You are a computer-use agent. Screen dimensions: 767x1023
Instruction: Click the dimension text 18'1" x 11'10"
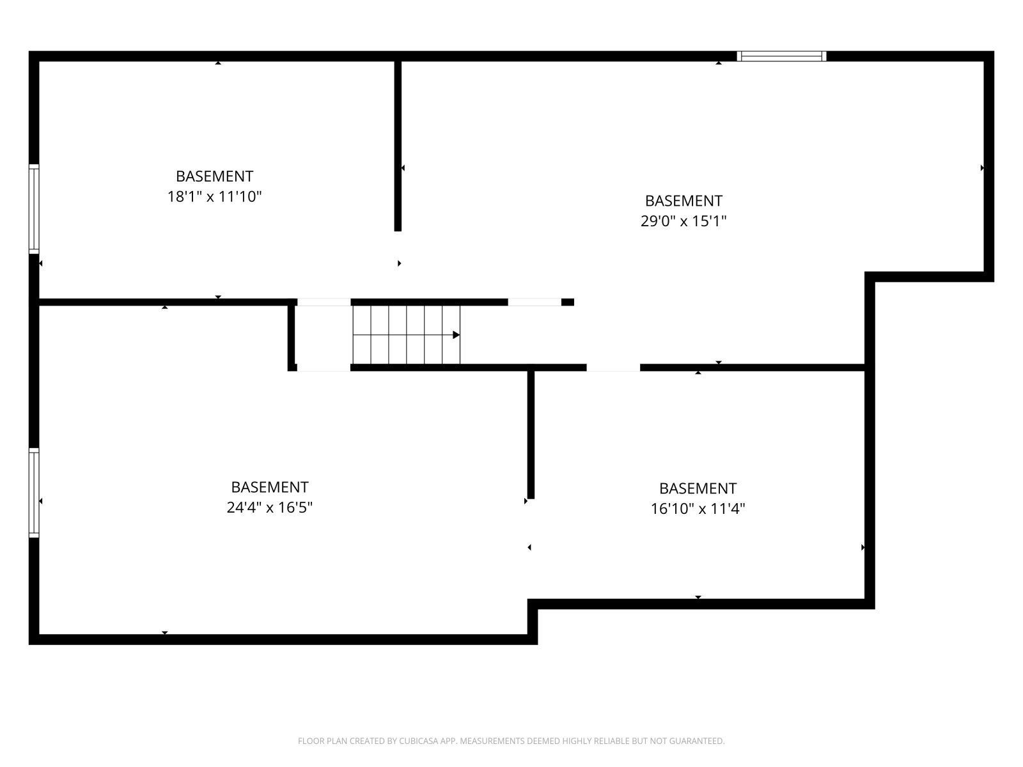coord(214,196)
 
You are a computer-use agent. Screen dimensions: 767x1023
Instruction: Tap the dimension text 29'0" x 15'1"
coord(683,221)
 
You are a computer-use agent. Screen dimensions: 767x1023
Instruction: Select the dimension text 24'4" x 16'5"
coord(269,507)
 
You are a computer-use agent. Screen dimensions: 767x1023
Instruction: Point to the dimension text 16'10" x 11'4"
coord(698,509)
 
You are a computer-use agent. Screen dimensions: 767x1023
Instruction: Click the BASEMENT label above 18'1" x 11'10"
coord(214,176)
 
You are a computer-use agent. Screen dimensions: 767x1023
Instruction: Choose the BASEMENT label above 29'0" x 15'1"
coord(683,201)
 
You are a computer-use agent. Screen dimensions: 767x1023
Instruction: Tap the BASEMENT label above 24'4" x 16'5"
coord(269,487)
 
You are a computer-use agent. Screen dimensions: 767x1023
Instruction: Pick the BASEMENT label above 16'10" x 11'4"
coord(698,488)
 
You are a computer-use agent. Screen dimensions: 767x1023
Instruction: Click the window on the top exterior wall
coord(781,56)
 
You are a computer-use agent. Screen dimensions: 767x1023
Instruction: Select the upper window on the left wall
coord(34,208)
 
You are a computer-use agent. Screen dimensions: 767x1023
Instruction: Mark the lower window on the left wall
coord(34,492)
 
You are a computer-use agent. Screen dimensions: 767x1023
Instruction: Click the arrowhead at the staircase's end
coord(457,335)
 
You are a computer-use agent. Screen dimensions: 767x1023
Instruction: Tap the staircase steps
coord(405,335)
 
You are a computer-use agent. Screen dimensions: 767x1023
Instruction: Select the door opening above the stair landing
coord(324,302)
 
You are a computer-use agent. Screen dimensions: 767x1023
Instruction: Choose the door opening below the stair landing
coord(324,368)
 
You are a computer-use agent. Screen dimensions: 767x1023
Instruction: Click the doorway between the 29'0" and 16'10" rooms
coord(613,368)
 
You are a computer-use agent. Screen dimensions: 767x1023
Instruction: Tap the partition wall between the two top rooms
coord(398,146)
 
